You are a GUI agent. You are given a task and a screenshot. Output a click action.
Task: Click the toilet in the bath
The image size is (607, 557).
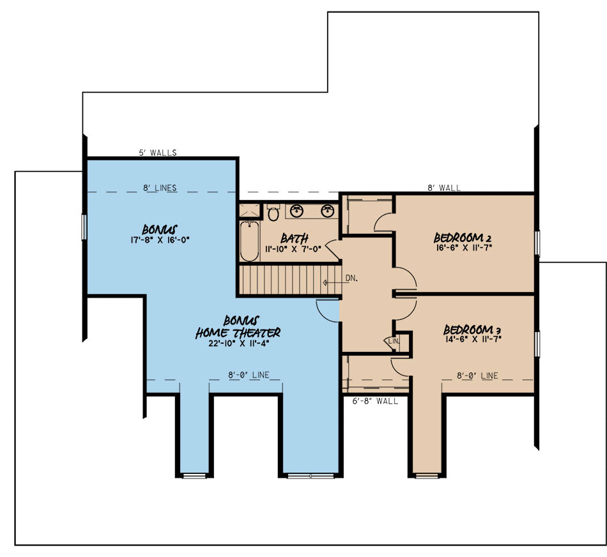273,212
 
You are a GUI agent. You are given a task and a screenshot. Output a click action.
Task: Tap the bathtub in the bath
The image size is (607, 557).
249,241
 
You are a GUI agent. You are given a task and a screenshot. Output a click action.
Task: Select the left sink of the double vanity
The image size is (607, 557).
297,211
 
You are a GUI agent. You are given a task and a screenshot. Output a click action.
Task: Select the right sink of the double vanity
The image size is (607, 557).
328,211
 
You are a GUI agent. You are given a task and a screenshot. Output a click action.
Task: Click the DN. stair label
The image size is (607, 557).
351,278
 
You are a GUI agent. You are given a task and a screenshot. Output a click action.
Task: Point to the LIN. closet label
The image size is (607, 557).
394,341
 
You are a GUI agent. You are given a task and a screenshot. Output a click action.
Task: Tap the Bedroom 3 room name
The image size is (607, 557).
472,330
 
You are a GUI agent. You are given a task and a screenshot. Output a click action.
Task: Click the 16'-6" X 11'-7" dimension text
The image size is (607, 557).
463,247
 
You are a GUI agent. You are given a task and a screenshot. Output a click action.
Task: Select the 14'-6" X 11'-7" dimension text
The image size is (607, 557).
473,339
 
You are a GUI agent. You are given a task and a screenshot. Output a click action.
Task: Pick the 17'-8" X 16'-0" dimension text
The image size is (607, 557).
160,240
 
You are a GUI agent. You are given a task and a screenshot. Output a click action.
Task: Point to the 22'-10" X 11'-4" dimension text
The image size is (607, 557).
238,344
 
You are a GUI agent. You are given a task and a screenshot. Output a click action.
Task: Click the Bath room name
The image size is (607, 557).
294,238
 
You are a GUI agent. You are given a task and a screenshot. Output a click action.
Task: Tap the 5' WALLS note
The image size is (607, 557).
158,153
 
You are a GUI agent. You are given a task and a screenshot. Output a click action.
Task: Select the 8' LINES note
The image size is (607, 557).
160,188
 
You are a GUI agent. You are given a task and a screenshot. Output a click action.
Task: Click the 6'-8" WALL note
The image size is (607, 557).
375,401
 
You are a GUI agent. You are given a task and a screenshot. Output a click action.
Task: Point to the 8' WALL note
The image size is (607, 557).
444,188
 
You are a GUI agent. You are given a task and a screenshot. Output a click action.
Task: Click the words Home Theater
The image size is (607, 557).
238,333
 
